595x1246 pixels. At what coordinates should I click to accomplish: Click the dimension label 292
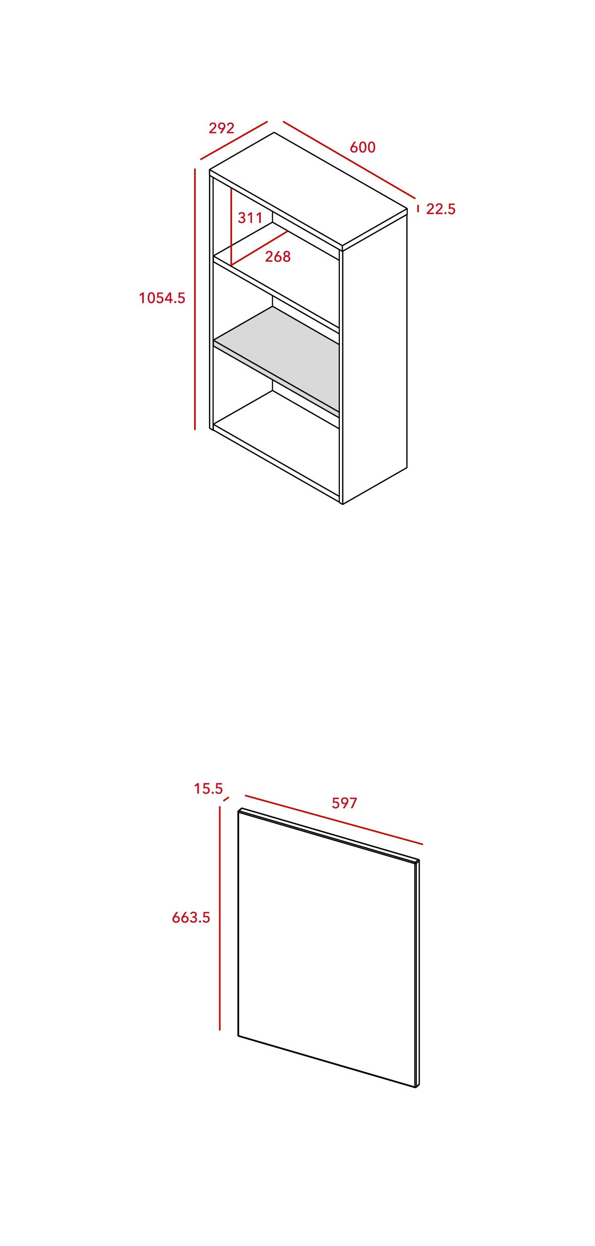(x=221, y=128)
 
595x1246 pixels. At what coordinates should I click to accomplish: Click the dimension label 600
(x=363, y=147)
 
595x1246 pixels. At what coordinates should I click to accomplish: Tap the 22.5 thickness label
(x=441, y=209)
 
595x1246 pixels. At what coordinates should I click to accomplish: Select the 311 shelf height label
(x=250, y=218)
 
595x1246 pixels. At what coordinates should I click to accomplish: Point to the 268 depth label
(x=278, y=257)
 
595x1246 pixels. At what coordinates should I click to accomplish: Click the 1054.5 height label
(x=162, y=298)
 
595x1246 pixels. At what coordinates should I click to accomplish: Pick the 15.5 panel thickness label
(x=208, y=788)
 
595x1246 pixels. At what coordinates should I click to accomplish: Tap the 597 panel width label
(x=344, y=803)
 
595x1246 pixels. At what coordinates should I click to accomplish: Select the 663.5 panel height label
(x=191, y=918)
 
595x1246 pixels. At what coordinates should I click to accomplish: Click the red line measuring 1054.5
(x=195, y=299)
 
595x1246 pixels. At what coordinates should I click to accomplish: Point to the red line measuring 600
(x=349, y=160)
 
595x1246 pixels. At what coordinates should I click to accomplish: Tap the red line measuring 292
(x=233, y=141)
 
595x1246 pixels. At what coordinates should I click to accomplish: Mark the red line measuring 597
(x=334, y=820)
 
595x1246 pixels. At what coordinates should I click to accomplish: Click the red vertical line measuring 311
(x=231, y=226)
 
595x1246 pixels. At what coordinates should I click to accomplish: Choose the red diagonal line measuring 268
(x=260, y=248)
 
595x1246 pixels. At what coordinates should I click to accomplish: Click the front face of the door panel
(x=327, y=948)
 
